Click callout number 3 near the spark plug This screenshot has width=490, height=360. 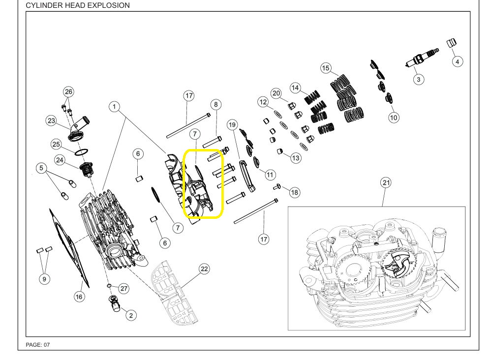point(419,79)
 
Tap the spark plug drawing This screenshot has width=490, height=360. point(422,58)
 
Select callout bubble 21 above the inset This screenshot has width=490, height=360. point(386,182)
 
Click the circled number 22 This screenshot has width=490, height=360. point(204,269)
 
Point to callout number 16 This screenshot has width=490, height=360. point(79,297)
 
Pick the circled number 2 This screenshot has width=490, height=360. point(131,315)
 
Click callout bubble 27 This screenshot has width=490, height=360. point(124,288)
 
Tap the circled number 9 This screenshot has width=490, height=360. point(44,279)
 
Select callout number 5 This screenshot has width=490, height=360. point(41,168)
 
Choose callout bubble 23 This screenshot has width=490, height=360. point(51,120)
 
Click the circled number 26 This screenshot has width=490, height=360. point(68,91)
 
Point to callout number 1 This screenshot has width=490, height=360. point(114,107)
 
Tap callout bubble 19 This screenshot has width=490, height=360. point(232,125)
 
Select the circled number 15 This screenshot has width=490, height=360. point(326,68)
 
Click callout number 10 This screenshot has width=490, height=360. point(394,118)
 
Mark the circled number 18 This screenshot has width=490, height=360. point(294,192)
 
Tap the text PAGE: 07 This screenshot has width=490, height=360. point(38,345)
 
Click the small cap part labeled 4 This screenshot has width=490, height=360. point(452,43)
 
